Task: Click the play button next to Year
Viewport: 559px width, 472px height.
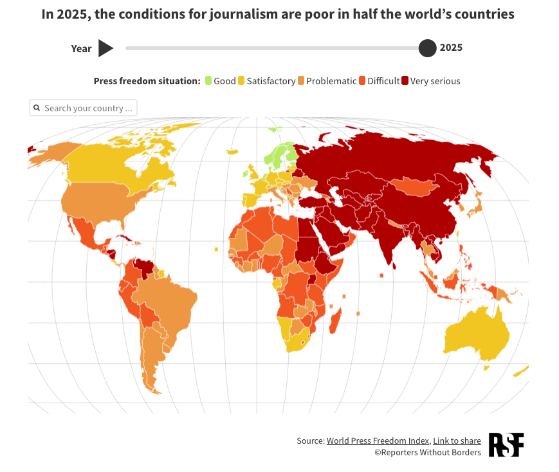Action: tap(106, 48)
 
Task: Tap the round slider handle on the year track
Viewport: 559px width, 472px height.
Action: tap(427, 48)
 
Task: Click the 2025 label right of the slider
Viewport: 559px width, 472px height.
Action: tap(451, 48)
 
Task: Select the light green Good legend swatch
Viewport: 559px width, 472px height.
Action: tap(208, 81)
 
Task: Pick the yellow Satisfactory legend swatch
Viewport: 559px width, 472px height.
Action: tap(241, 81)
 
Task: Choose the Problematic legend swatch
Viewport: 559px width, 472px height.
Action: tap(301, 81)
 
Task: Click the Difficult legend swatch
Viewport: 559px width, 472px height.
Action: tap(362, 81)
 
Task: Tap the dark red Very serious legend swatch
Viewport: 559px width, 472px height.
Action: tap(405, 81)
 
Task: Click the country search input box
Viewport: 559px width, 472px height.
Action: tap(87, 108)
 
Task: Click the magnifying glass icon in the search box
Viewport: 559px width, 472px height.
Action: tap(37, 108)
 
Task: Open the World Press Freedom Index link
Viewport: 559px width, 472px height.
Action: tap(378, 441)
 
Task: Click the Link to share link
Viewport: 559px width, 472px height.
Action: tap(457, 441)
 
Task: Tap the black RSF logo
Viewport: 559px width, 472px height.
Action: tap(506, 445)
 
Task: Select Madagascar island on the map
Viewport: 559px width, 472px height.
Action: tap(336, 320)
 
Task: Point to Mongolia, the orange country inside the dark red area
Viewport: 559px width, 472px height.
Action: tap(414, 186)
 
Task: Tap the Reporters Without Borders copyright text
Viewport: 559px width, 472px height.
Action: tap(428, 453)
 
